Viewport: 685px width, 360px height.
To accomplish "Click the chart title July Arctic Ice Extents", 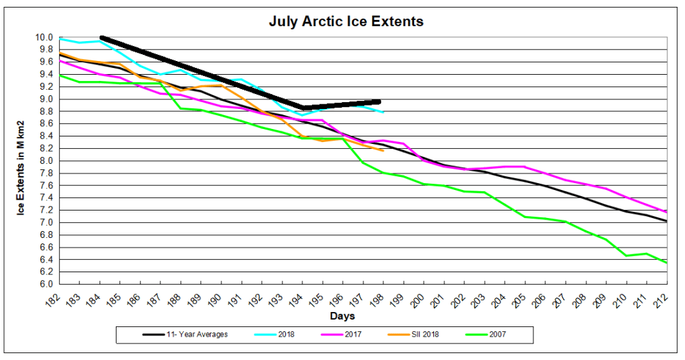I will [x=346, y=21].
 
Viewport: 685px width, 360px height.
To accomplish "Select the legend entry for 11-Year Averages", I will [x=186, y=335].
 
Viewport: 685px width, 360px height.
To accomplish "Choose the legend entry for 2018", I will [x=280, y=335].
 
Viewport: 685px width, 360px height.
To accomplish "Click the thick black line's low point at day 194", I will [x=303, y=108].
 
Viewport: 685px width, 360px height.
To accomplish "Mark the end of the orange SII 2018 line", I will [x=383, y=150].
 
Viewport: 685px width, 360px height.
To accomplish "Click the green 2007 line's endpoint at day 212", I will [x=666, y=263].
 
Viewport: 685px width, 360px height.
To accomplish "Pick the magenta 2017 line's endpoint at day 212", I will [x=666, y=213].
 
